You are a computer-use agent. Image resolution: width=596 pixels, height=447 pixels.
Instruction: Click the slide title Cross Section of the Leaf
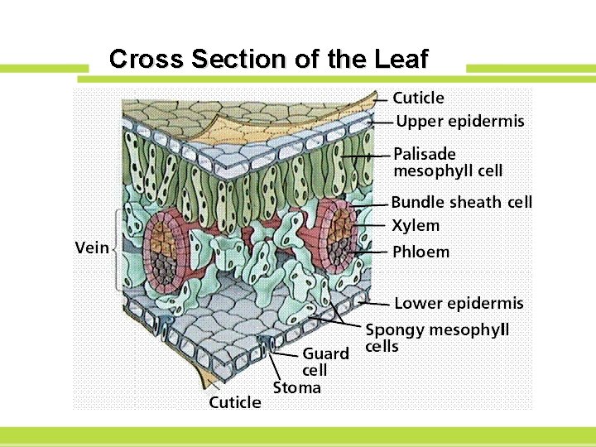tap(269, 60)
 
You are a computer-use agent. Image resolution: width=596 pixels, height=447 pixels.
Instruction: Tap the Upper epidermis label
tap(460, 122)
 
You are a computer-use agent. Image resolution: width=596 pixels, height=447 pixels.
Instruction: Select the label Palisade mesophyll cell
tap(448, 162)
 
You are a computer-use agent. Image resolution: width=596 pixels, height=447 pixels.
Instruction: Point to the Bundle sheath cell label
tap(462, 202)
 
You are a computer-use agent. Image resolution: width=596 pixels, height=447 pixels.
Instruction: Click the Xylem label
tap(416, 225)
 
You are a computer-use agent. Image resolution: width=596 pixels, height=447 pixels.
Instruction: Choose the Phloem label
tap(421, 251)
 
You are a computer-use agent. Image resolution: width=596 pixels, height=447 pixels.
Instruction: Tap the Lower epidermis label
tap(459, 304)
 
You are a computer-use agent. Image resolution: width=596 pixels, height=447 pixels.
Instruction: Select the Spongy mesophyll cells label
tap(437, 338)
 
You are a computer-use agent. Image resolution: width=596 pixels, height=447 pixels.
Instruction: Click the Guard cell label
tap(325, 362)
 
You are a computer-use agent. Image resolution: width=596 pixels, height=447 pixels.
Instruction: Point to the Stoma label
tap(297, 387)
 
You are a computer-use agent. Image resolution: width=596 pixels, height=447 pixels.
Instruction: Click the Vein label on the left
tap(92, 248)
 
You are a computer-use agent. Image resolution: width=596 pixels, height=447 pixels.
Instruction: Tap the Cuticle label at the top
tap(418, 98)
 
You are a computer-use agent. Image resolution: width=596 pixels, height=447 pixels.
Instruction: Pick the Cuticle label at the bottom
tap(234, 402)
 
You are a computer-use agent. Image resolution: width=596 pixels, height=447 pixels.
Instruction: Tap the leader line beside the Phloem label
tap(372, 251)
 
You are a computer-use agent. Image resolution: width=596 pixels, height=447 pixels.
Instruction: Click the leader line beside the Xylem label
tap(372, 225)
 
